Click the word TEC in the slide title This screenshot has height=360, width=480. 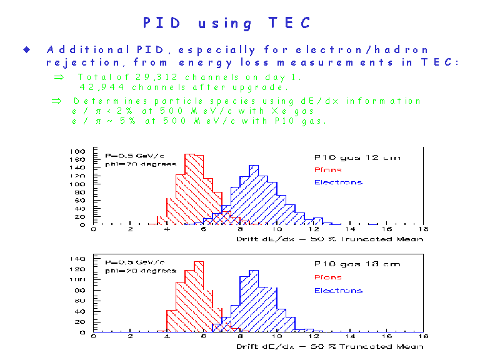(x=289, y=23)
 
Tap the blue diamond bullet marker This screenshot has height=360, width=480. (x=27, y=49)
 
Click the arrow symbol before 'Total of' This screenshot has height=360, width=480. (x=59, y=77)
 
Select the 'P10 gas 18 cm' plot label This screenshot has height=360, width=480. (x=357, y=264)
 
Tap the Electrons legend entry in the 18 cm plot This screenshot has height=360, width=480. (x=337, y=291)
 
